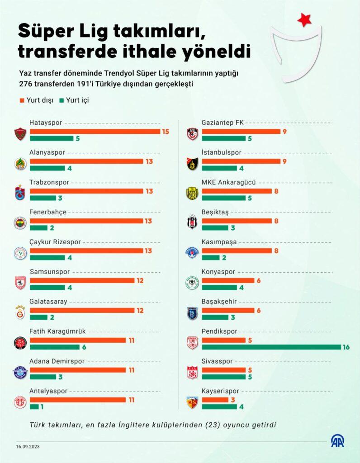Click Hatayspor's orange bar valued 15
[x=95, y=131]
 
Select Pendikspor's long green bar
[x=271, y=347]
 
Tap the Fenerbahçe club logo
[x=20, y=223]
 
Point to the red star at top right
[x=304, y=19]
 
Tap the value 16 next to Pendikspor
[x=346, y=347]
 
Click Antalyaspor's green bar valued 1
[x=34, y=407]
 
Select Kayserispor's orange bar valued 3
[x=215, y=400]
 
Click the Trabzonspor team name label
[x=49, y=182]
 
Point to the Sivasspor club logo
[x=192, y=372]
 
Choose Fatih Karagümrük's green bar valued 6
[x=54, y=347]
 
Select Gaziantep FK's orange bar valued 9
[x=241, y=131]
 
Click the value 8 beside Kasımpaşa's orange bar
[x=276, y=250]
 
